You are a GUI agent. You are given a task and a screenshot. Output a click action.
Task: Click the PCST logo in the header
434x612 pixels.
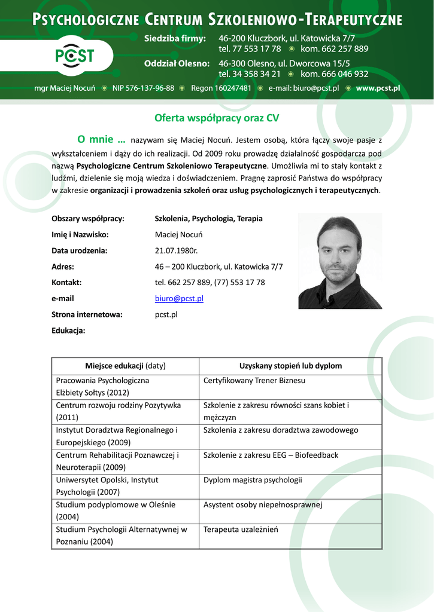(75, 56)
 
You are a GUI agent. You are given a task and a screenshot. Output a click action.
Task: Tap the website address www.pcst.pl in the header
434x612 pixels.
(378, 88)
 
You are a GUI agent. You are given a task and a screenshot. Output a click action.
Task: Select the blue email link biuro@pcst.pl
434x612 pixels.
(179, 298)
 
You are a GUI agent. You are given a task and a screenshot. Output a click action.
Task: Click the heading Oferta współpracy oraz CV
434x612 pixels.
(217, 118)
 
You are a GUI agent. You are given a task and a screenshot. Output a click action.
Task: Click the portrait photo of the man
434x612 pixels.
(339, 261)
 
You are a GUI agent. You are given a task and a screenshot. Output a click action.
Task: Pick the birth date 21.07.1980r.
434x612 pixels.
(176, 250)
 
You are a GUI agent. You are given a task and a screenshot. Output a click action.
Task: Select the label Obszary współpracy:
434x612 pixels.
(88, 219)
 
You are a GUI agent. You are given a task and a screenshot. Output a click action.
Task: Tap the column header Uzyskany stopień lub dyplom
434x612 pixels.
(290, 366)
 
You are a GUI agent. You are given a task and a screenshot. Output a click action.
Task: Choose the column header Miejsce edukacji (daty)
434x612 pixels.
(125, 366)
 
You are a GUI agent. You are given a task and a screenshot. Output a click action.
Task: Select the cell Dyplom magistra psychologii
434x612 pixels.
(253, 480)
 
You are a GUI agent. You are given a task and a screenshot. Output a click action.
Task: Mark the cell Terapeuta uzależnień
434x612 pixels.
(241, 530)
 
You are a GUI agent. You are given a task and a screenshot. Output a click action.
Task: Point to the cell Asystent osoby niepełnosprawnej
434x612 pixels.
(263, 505)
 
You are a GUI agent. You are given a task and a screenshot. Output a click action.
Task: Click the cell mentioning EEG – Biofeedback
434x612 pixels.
(271, 455)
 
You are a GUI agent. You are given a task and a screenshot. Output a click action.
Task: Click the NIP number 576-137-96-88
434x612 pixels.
(143, 88)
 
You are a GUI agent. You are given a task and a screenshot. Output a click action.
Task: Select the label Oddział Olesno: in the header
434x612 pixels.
(177, 63)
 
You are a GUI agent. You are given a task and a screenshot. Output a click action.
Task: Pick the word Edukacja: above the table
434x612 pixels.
(68, 331)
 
